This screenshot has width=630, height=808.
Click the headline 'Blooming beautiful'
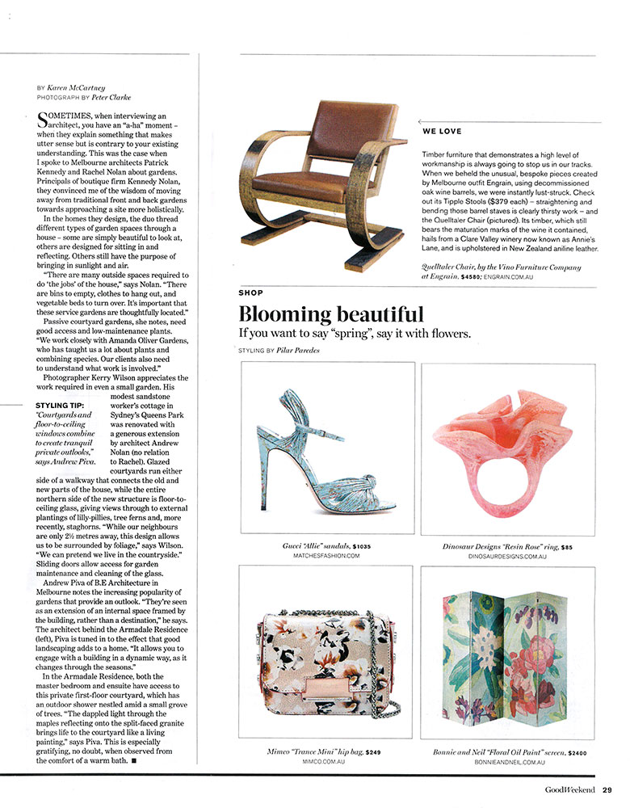click(x=331, y=314)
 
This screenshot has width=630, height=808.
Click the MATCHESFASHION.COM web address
click(x=327, y=557)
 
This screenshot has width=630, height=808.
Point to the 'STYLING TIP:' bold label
click(x=65, y=405)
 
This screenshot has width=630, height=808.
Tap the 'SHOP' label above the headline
click(x=250, y=292)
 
